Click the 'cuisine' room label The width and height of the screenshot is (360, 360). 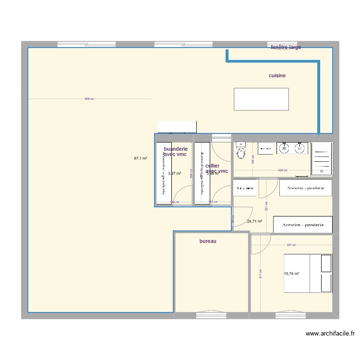coord(277,75)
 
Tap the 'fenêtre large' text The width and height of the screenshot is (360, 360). coord(286,47)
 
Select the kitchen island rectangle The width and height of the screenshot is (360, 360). coord(261,99)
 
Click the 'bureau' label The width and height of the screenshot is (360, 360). coord(208,241)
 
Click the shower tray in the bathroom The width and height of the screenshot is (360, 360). coord(321,159)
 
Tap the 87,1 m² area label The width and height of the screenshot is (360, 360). coord(141,158)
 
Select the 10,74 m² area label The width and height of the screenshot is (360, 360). coord(291,274)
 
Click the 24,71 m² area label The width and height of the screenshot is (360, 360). coord(254,221)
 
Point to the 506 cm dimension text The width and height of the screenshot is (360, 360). coord(89,99)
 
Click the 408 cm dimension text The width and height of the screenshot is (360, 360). coord(282,170)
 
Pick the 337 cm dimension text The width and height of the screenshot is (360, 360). coord(291,245)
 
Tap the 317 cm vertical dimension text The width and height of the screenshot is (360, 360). coord(260,273)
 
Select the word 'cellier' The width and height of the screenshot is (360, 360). coord(212,166)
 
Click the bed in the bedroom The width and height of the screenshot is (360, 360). coord(308,273)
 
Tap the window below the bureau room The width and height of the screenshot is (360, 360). coord(211,315)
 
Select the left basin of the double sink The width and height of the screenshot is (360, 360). coord(284,148)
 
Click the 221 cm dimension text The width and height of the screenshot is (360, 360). coord(266,206)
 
